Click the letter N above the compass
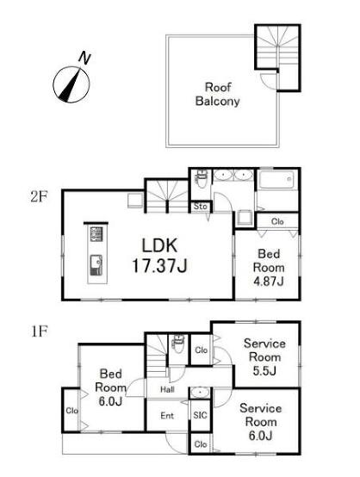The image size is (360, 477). click(84, 58)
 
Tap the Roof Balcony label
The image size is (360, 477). click(218, 95)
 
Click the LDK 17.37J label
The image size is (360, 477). click(159, 256)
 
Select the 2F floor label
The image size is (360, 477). click(39, 196)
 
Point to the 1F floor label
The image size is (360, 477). click(40, 331)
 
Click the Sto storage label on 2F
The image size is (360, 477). click(200, 207)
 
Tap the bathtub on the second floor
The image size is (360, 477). click(276, 180)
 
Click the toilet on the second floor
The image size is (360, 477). click(202, 180)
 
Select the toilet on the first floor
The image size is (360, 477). click(178, 344)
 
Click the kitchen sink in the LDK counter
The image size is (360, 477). click(96, 265)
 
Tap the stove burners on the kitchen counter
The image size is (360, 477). click(96, 234)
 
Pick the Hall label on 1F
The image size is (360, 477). click(167, 389)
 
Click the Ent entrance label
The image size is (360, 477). click(167, 416)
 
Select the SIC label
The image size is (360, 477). click(200, 415)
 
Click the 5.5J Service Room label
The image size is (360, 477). click(264, 357)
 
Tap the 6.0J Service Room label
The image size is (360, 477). click(260, 422)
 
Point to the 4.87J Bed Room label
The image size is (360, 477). click(269, 268)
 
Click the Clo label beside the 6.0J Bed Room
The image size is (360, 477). click(72, 411)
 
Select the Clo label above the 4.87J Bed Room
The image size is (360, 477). click(277, 221)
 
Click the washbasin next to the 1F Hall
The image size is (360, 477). click(200, 393)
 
